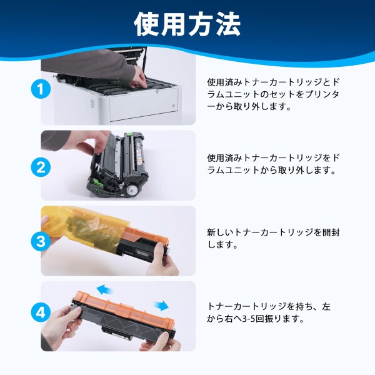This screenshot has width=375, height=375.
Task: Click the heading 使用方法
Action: [x=187, y=24]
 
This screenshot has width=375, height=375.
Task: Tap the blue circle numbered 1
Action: [x=41, y=89]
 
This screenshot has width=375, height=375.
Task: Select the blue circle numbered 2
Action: [x=41, y=167]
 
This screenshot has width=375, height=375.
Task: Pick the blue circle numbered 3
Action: [x=41, y=241]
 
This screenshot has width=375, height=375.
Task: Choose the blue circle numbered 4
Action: [x=41, y=312]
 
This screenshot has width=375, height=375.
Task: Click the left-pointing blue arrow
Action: [x=105, y=289]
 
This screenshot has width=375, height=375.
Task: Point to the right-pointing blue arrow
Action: [x=161, y=306]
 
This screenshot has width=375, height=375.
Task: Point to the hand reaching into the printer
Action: [x=139, y=76]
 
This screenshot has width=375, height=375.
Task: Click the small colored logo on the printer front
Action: [x=174, y=106]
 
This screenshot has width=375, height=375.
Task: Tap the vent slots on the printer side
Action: [x=92, y=104]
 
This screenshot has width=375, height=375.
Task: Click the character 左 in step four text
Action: [x=326, y=307]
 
